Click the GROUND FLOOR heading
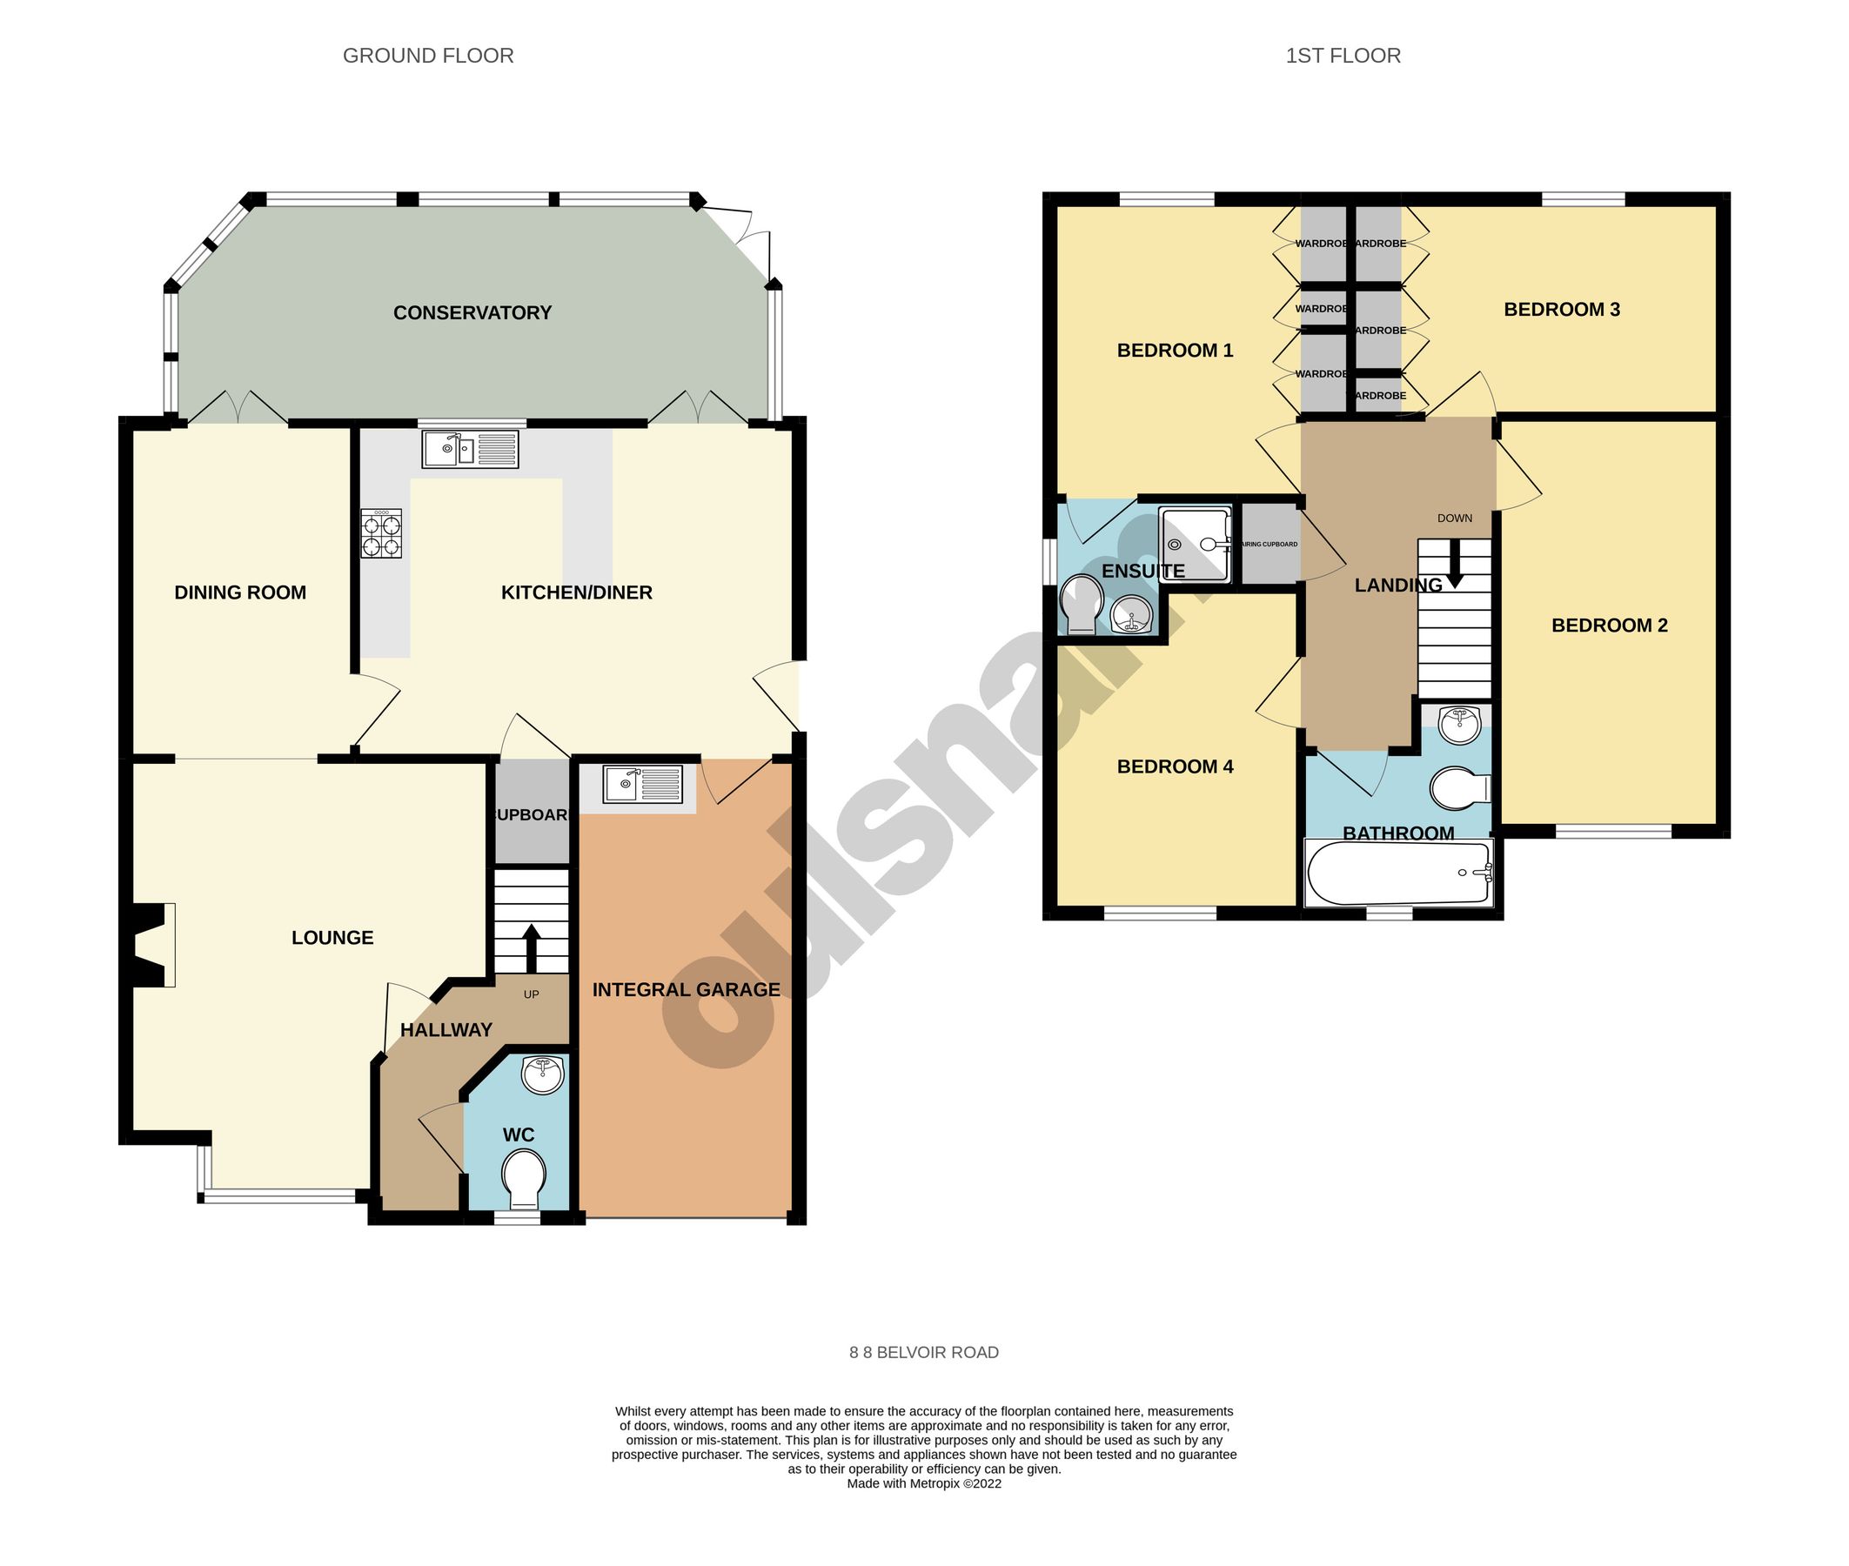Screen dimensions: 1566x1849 click(x=428, y=56)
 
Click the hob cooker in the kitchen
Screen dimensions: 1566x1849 click(x=381, y=532)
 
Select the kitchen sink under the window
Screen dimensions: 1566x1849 click(x=470, y=449)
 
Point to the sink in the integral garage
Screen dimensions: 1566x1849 click(x=643, y=784)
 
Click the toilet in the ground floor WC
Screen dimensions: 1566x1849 click(x=523, y=1177)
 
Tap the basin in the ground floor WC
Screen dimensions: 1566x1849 click(x=542, y=1075)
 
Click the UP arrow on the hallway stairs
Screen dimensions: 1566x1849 click(x=531, y=947)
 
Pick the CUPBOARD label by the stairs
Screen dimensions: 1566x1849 click(x=531, y=815)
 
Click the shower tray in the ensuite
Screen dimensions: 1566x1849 click(x=1194, y=545)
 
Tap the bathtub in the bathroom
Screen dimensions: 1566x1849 click(x=1397, y=873)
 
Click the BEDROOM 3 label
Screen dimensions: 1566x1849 click(x=1560, y=310)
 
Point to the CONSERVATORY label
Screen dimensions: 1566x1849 click(x=472, y=312)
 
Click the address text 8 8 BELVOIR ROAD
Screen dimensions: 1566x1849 click(x=923, y=1352)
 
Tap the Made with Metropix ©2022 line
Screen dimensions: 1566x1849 click(x=923, y=1483)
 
